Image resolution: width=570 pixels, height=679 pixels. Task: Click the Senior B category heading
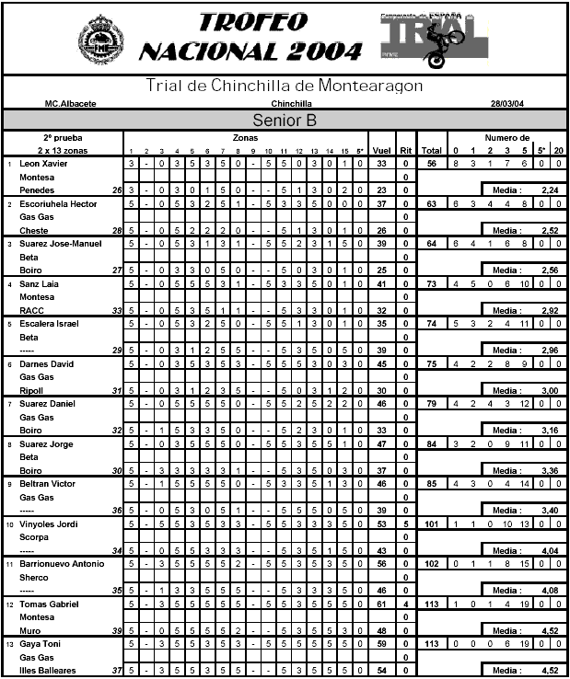(285, 121)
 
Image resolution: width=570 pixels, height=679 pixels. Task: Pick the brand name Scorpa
(33, 537)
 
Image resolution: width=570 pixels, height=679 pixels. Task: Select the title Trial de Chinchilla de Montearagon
(285, 86)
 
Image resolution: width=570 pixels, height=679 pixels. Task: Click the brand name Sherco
(33, 577)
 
